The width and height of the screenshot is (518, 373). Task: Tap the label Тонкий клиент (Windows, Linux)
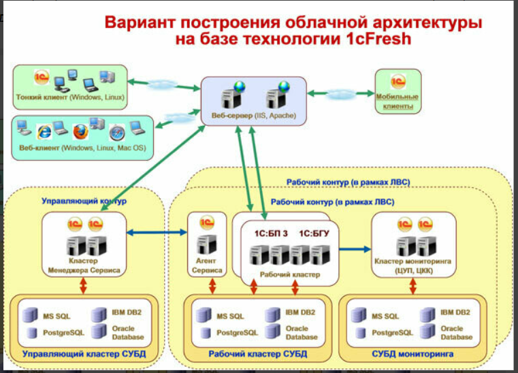pyautogui.click(x=70, y=97)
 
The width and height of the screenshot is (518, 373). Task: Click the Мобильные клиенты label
pyautogui.click(x=398, y=101)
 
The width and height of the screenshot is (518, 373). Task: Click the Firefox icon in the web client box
pyautogui.click(x=80, y=129)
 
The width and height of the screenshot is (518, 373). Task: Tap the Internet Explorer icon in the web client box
pyautogui.click(x=45, y=129)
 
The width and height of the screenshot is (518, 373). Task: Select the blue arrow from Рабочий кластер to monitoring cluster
pyautogui.click(x=355, y=249)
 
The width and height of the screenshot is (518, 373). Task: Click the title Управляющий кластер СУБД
pyautogui.click(x=84, y=354)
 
